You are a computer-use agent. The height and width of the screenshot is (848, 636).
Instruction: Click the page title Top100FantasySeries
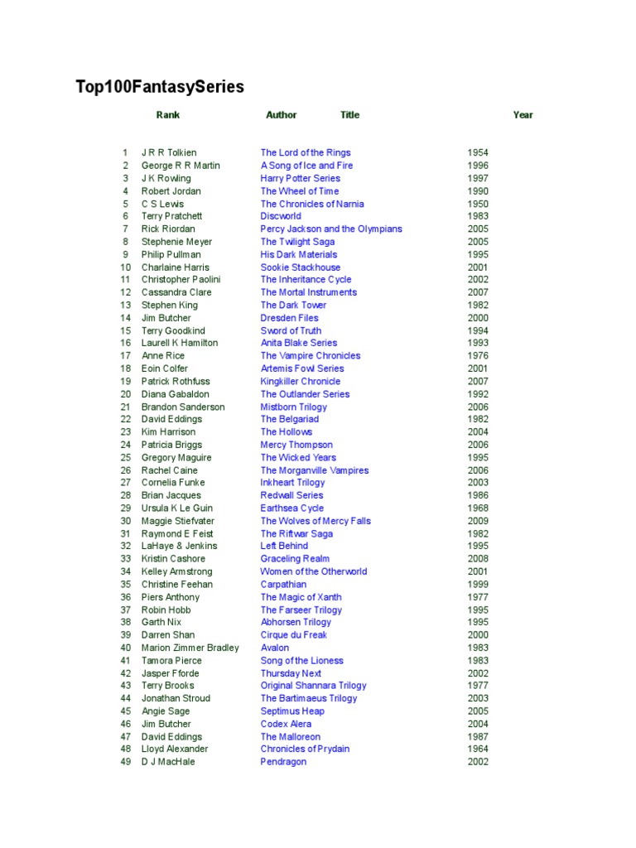click(x=160, y=87)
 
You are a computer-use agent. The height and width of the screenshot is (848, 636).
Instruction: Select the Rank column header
click(x=167, y=115)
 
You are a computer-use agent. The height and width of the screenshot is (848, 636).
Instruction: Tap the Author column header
click(x=281, y=115)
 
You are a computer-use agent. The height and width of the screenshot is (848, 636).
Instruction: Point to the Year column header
click(x=523, y=115)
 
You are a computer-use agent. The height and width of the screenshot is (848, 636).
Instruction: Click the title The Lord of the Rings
click(x=306, y=152)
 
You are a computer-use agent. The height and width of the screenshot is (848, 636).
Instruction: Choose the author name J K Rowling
click(x=166, y=178)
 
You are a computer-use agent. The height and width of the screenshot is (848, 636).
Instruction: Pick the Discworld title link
click(x=281, y=216)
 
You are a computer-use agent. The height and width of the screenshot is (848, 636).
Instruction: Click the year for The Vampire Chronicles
click(x=478, y=356)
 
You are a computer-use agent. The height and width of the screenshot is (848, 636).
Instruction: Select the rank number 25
click(x=126, y=457)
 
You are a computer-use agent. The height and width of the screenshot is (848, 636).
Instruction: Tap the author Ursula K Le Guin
click(x=176, y=508)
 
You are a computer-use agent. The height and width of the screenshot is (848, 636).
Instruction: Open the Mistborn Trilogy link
click(x=293, y=407)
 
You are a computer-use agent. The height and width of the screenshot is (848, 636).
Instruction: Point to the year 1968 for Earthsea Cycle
click(x=478, y=508)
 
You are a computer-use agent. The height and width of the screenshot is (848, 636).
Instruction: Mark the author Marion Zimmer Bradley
click(x=190, y=648)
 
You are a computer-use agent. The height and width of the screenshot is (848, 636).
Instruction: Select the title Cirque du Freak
click(x=293, y=635)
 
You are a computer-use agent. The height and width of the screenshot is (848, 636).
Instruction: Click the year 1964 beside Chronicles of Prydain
click(x=478, y=749)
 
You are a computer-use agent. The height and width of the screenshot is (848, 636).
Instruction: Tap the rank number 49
click(x=126, y=762)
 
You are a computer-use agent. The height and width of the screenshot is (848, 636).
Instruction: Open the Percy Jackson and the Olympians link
click(x=331, y=229)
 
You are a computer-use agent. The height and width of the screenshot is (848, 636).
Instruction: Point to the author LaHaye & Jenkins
click(x=179, y=546)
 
